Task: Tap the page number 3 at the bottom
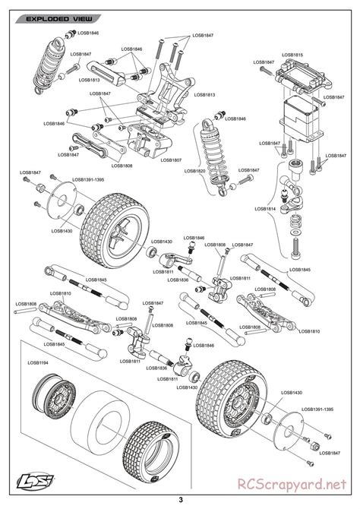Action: tap(180, 499)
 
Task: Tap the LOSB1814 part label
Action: tap(266, 207)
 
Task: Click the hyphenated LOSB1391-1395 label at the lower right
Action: tap(317, 408)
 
